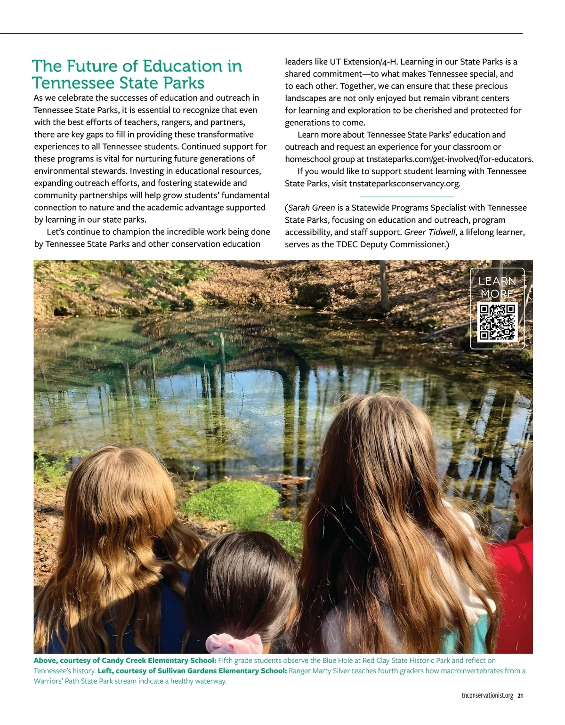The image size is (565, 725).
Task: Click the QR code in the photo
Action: tap(497, 322)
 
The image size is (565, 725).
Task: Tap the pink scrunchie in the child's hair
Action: tap(234, 643)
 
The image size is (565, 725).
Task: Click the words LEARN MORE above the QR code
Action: tap(497, 287)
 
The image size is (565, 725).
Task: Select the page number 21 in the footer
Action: tap(520, 696)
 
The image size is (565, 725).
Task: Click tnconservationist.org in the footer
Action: tap(487, 696)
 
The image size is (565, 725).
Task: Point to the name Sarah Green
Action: tap(311, 208)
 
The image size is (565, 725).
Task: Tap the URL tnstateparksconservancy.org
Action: tap(404, 183)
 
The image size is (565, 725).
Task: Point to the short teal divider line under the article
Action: tap(407, 196)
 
